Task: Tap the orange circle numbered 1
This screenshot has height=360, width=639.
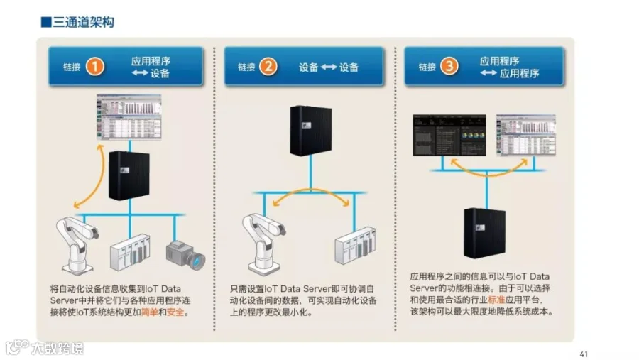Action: pos(95,67)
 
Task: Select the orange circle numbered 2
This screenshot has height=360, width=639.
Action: pos(268,67)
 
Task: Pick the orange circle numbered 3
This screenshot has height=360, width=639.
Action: pos(449,67)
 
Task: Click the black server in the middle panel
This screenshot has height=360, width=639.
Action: pos(310,130)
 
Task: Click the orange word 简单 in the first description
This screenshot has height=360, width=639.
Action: pos(150,312)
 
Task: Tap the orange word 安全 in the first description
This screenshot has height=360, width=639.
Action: pos(175,312)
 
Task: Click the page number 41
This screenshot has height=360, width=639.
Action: pos(584,354)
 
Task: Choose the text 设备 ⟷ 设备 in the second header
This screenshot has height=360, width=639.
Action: pos(329,67)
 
